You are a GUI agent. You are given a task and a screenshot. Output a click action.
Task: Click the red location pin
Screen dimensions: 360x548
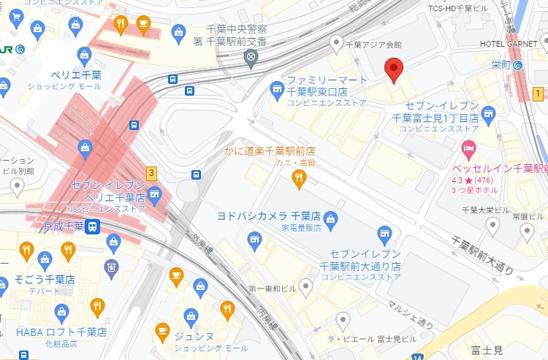394,70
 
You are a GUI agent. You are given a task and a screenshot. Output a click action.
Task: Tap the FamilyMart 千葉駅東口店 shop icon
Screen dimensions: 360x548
276,91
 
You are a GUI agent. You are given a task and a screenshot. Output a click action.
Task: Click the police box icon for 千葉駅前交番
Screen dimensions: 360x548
251,57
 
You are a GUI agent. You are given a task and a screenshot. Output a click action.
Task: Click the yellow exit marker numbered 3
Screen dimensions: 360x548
151,173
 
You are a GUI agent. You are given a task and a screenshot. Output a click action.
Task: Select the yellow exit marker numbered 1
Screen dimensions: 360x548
538,93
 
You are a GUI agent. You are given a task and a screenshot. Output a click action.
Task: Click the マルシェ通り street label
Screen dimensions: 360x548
411,314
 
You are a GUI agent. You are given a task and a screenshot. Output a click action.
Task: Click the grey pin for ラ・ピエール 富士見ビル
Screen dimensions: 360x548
343,319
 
